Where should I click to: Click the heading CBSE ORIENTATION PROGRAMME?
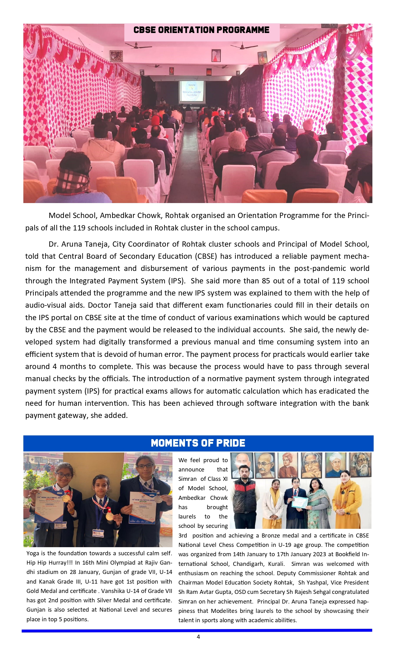coord(201,30)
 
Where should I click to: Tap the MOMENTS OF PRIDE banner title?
coord(198,443)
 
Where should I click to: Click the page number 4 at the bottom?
coord(198,637)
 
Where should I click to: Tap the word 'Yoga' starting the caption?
coord(33,553)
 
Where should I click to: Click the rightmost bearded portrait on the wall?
coord(360,465)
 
